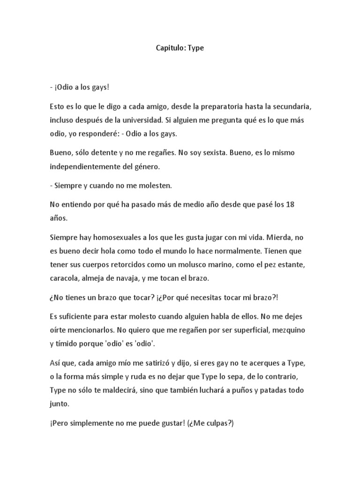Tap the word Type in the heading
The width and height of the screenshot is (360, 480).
point(196,48)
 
